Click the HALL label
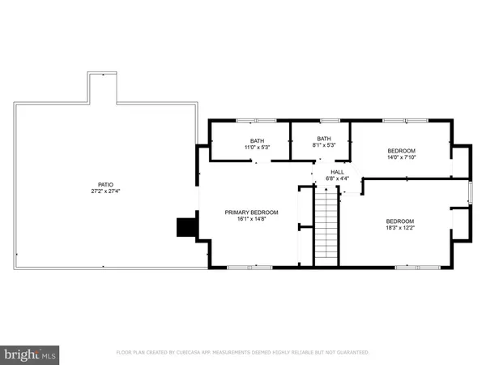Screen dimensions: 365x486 337,172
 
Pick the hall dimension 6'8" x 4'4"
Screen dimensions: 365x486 337,178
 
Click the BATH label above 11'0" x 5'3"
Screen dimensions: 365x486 257,140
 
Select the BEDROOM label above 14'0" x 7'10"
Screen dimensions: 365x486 401,151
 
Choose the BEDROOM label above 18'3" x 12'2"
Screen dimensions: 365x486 400,222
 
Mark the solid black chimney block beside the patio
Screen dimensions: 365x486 186,228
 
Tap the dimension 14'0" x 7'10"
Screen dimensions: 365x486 401,158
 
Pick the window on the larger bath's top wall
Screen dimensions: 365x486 249,121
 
